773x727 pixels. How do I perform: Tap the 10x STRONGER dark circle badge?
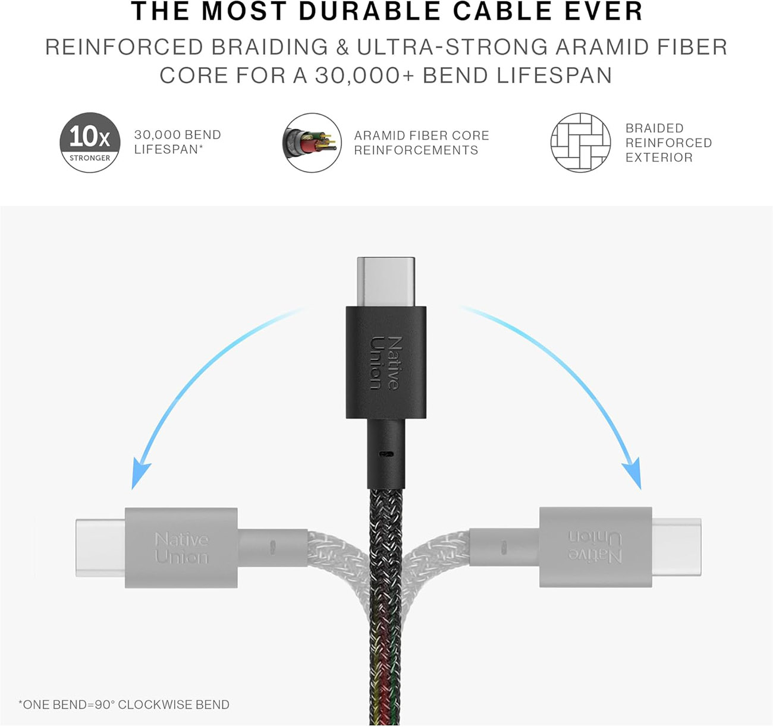tap(90, 143)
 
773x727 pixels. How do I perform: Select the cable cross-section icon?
tap(312, 143)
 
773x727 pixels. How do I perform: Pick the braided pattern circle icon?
tap(580, 143)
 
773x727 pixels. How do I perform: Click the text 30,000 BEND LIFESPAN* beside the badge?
tap(177, 142)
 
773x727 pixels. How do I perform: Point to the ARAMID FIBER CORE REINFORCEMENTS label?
tap(421, 143)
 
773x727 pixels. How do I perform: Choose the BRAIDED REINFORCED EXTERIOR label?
tap(668, 143)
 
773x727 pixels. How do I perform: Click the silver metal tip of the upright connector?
tap(386, 282)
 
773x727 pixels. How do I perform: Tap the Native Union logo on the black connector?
tap(385, 363)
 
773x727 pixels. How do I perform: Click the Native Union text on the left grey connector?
tap(181, 548)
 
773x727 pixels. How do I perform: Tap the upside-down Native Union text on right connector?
tap(595, 546)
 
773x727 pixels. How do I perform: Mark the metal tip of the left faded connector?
tap(100, 548)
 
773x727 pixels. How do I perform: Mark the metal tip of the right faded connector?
tap(677, 546)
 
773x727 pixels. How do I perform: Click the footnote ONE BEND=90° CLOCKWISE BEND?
tap(124, 704)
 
